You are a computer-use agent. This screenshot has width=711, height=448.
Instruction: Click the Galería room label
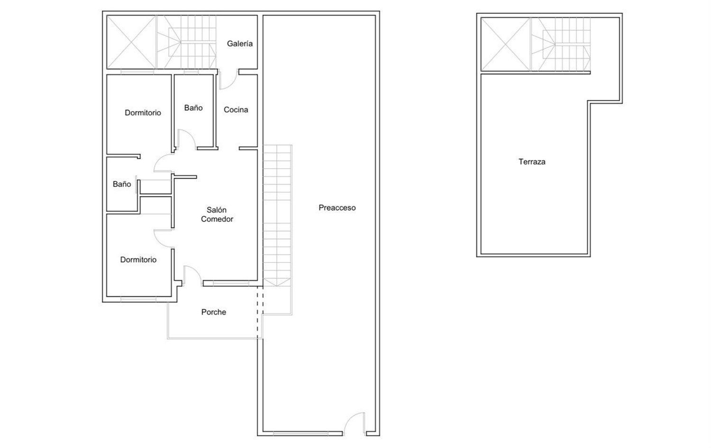click(x=240, y=44)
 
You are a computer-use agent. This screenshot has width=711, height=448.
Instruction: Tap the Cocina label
click(x=236, y=110)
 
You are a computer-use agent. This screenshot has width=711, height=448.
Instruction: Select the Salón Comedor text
click(x=217, y=215)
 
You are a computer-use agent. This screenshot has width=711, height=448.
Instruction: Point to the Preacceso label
click(x=337, y=208)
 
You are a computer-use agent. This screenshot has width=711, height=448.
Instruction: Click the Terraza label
click(x=532, y=161)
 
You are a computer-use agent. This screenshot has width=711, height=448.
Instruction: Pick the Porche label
click(x=214, y=312)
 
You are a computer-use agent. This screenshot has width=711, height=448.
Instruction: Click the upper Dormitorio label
click(x=143, y=113)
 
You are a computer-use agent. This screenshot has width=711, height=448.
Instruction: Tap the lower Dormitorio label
click(x=138, y=260)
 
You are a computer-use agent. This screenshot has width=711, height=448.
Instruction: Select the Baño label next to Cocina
click(x=193, y=108)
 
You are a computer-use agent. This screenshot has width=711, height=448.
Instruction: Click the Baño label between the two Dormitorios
click(x=122, y=184)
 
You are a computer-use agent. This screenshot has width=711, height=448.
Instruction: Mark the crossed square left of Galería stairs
click(x=131, y=42)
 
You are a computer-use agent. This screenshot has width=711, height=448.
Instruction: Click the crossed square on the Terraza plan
click(x=506, y=44)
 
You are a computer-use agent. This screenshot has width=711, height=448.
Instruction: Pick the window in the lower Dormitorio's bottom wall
click(x=138, y=299)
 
